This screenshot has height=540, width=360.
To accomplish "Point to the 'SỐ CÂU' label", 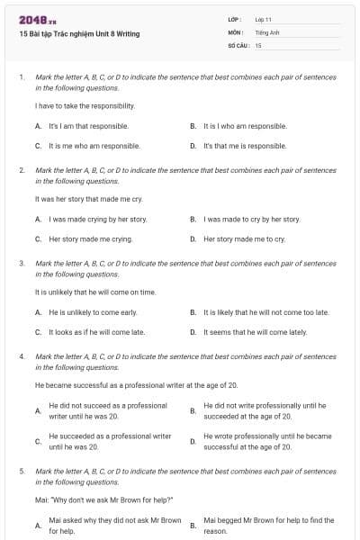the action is tap(237, 44).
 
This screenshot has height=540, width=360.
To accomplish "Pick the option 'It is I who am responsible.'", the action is tap(245, 126).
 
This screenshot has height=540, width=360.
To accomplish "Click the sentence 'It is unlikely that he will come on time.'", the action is tap(95, 292).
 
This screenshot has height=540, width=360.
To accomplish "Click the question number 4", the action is tap(21, 356).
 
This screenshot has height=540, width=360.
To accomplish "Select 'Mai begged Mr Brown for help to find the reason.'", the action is tap(268, 526).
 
